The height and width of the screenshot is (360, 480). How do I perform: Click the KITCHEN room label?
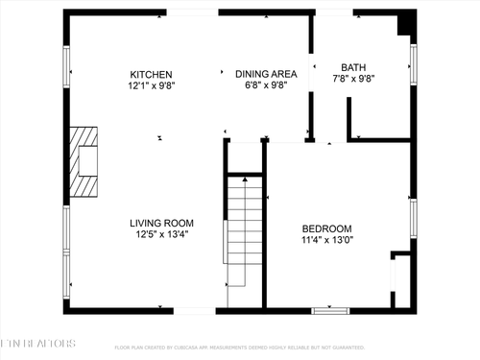(x=152, y=74)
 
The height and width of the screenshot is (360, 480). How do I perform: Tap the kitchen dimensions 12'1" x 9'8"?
(x=152, y=84)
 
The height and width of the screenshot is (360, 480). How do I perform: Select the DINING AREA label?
(x=266, y=74)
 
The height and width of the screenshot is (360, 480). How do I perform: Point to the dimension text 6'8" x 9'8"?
(x=266, y=84)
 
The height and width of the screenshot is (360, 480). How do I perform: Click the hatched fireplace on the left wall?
(x=87, y=161)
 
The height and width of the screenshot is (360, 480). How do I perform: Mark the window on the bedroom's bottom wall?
(x=330, y=309)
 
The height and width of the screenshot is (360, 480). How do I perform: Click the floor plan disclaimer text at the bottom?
(x=240, y=348)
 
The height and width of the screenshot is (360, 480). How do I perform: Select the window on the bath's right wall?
(x=414, y=67)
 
